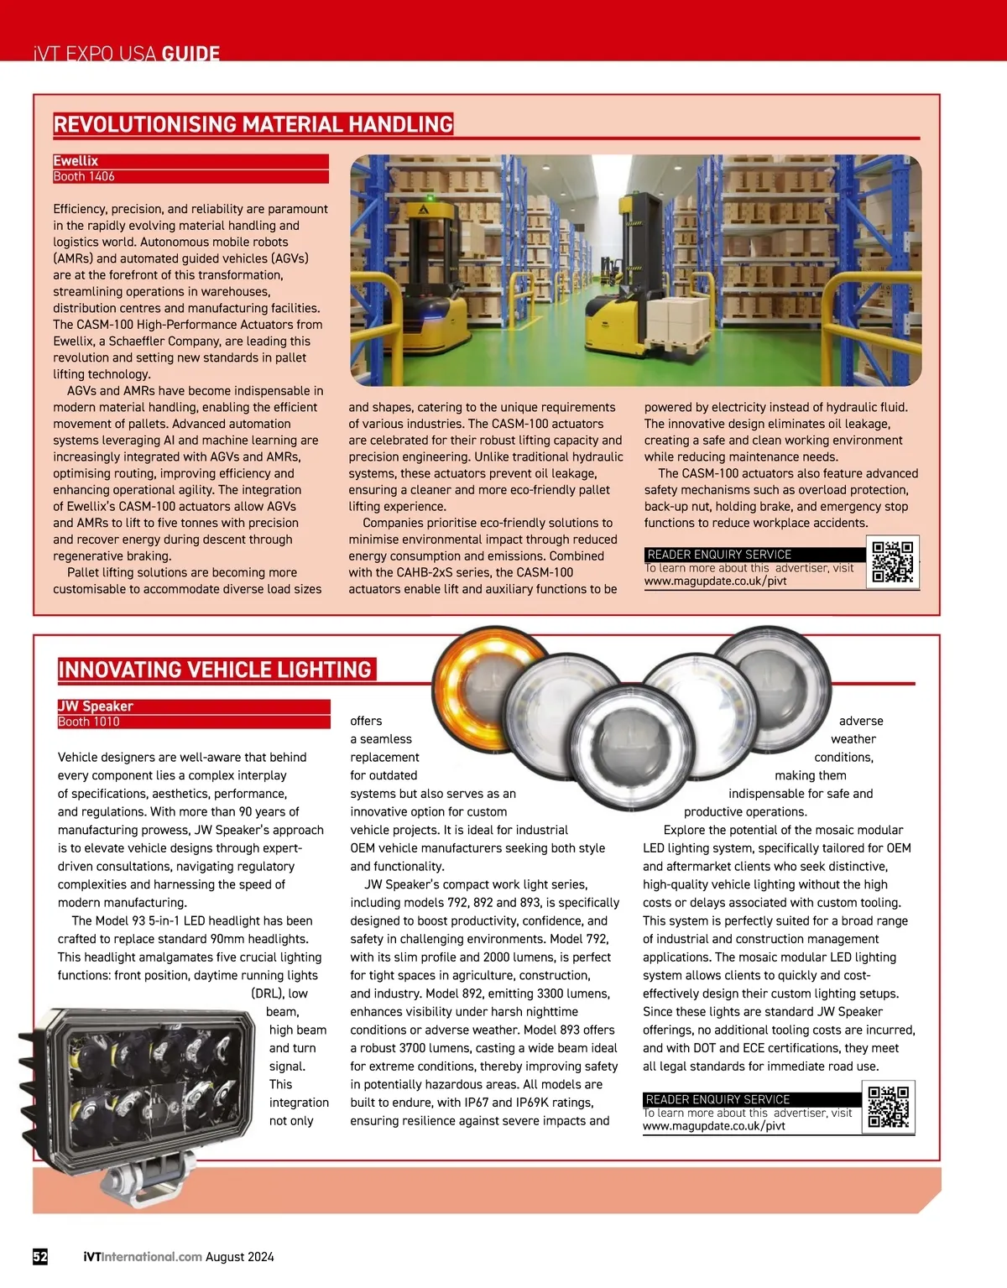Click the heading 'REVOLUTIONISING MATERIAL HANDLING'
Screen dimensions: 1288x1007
(253, 124)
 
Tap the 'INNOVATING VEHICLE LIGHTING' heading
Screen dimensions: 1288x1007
(215, 670)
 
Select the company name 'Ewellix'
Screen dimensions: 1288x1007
(76, 161)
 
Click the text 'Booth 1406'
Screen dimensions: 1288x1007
(84, 176)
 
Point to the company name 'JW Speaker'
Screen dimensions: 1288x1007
(96, 707)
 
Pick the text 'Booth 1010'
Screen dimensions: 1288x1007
(89, 722)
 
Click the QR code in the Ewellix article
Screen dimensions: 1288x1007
(892, 562)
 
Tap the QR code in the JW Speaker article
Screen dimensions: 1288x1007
(888, 1108)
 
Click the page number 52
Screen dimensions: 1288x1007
(40, 1256)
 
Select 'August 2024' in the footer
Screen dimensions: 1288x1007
(240, 1256)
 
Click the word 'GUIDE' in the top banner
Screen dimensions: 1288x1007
(190, 54)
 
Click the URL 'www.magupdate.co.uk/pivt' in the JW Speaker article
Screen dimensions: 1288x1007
(714, 1126)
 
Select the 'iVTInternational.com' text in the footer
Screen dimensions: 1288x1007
(143, 1256)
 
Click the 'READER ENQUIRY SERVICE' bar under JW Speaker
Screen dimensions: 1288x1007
(752, 1099)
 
